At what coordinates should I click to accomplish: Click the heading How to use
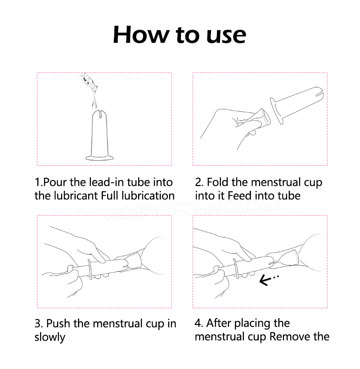180,35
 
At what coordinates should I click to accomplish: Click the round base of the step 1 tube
99,157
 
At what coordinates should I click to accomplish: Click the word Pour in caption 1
55,182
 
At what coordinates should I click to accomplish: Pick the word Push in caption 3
58,324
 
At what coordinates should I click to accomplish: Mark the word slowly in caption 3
50,337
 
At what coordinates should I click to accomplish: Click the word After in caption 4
219,323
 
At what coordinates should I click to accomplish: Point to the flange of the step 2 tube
276,111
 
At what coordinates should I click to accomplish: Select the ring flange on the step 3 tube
90,270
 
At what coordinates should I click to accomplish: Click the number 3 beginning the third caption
38,324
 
